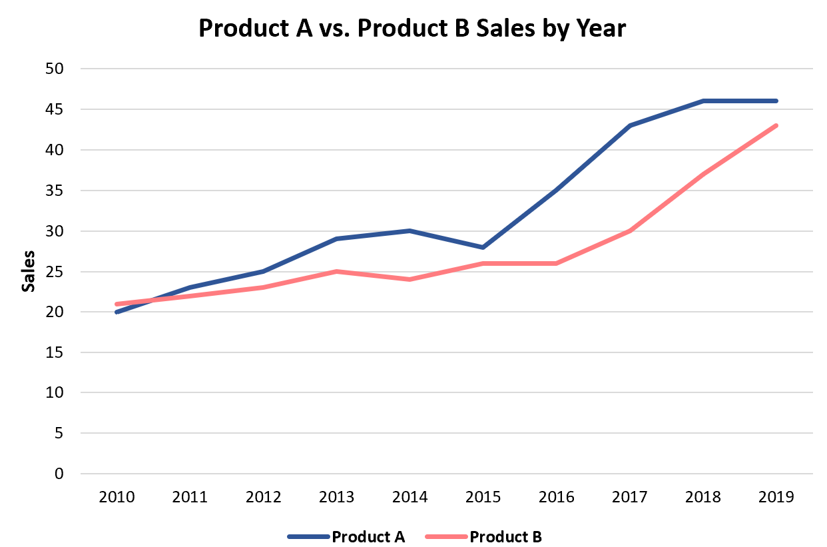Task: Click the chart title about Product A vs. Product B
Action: click(x=412, y=28)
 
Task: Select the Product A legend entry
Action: click(x=368, y=536)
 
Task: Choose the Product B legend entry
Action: click(x=505, y=536)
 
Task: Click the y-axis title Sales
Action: click(x=28, y=271)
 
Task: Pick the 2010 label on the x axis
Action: click(x=117, y=497)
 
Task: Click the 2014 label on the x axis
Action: click(x=410, y=497)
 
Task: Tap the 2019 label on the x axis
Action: click(x=776, y=497)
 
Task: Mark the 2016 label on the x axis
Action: click(x=556, y=497)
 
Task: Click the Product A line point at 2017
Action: click(x=629, y=125)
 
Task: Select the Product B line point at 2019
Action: click(x=776, y=125)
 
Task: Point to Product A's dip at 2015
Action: click(x=483, y=247)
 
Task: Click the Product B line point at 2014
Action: click(x=410, y=279)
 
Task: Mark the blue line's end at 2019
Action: click(x=776, y=101)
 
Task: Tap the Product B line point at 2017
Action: click(x=629, y=231)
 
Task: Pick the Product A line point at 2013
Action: click(x=336, y=239)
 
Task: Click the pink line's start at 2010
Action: click(x=117, y=304)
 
